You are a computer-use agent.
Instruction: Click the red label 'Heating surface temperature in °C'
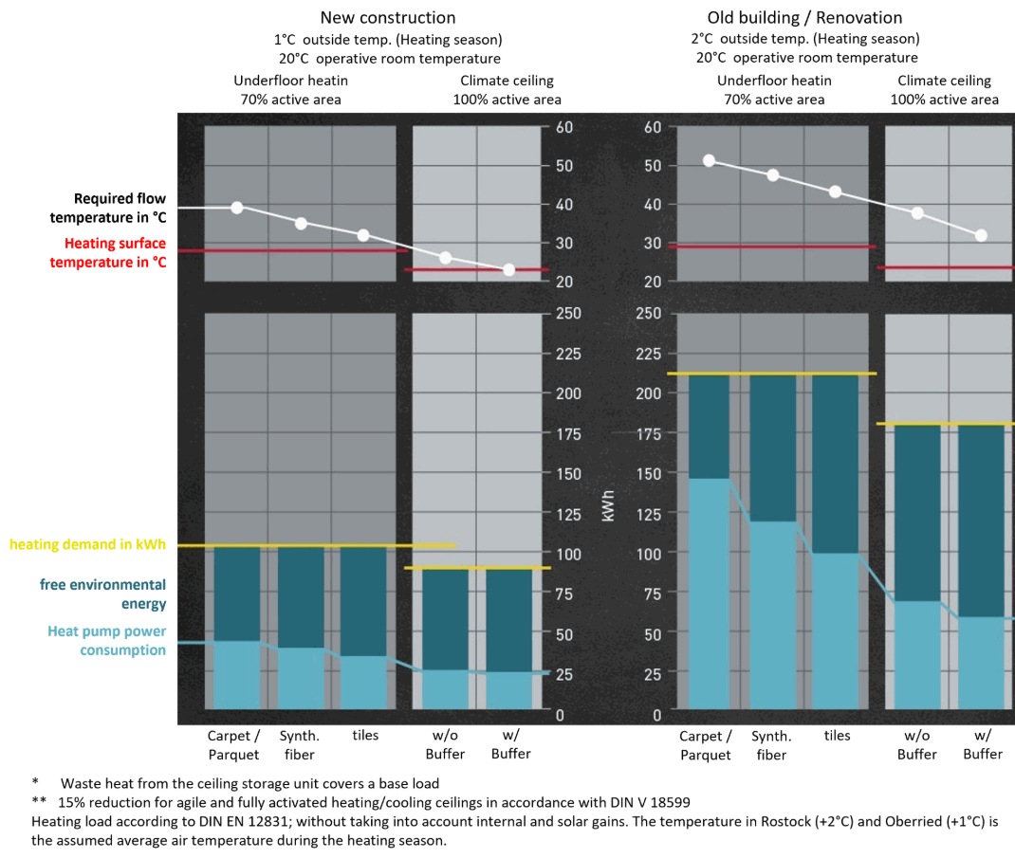click(108, 253)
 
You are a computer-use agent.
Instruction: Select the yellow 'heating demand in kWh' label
click(87, 544)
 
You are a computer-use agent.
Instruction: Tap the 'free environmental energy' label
click(104, 594)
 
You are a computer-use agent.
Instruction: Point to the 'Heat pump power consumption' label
click(107, 640)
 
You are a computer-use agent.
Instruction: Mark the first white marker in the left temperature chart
click(237, 208)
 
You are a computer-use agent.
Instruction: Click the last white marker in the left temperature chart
click(508, 270)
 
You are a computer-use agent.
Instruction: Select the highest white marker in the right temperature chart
click(709, 161)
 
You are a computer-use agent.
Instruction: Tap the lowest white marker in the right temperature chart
click(981, 235)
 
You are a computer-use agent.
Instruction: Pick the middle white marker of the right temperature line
click(835, 192)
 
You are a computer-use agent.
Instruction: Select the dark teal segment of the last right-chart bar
click(981, 521)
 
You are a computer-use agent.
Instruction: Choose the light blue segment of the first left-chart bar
click(237, 674)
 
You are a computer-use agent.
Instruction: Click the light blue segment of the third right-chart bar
click(835, 631)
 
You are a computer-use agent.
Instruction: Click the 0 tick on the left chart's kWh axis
click(560, 715)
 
